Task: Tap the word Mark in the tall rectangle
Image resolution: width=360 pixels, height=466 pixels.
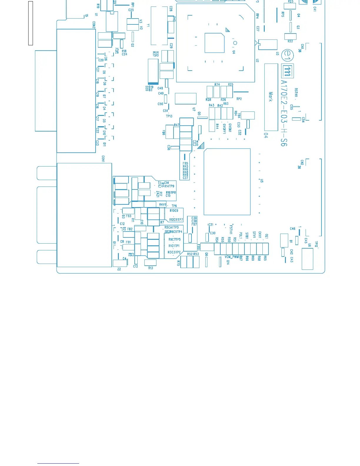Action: (271, 97)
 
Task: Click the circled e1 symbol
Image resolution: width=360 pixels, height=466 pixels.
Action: (288, 55)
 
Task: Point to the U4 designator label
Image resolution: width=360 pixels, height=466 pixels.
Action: (234, 52)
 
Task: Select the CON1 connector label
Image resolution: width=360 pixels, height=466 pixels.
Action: (103, 159)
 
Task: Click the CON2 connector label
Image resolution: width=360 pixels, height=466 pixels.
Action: (94, 25)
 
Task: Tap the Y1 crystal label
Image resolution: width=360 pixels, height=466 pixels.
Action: (148, 26)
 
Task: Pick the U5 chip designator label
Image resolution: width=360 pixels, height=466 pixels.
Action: (261, 181)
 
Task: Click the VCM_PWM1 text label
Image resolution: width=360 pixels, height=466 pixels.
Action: (232, 257)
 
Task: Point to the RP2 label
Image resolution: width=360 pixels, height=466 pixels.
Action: (239, 99)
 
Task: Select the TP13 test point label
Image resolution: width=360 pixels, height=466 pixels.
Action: (169, 116)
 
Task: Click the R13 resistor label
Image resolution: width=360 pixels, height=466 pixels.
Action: (151, 268)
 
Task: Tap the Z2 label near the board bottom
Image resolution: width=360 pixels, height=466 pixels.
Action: (119, 269)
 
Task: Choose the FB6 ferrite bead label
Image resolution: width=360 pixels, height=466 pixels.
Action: (164, 133)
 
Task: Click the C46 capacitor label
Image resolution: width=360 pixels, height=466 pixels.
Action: (293, 229)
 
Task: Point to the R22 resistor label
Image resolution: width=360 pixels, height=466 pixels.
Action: (290, 41)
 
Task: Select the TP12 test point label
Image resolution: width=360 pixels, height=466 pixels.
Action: (316, 244)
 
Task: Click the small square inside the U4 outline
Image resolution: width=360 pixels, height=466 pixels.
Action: (214, 43)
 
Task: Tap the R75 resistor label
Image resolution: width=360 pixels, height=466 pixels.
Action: (178, 263)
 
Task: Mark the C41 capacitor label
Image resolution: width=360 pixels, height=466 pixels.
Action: (315, 9)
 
